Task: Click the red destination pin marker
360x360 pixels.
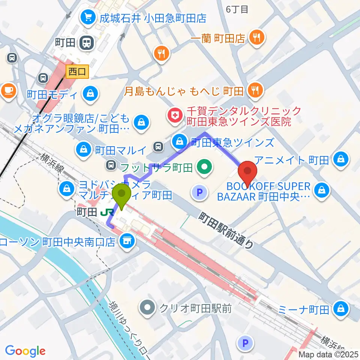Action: pos(248,172)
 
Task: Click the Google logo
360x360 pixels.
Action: pos(25,351)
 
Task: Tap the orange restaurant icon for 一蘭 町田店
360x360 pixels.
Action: pos(258,37)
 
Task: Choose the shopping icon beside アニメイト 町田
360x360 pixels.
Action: pos(342,160)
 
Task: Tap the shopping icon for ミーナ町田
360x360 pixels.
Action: pos(342,309)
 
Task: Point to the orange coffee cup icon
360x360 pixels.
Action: pos(9,90)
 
